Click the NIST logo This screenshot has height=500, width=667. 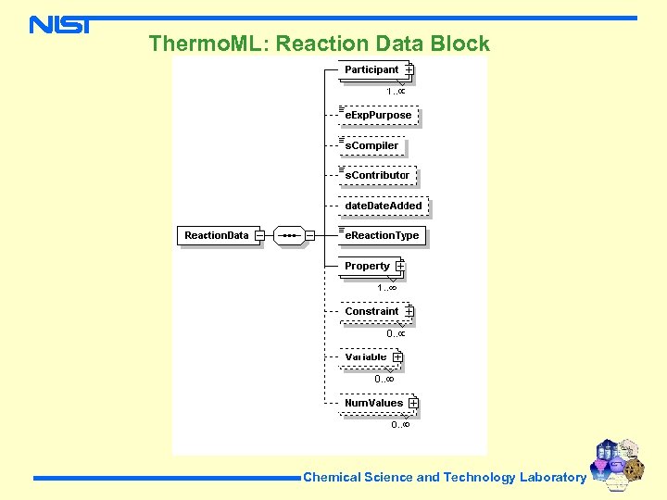59,25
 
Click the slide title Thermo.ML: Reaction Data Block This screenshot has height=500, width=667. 319,44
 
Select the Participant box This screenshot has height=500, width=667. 372,70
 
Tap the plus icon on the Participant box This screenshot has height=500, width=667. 409,70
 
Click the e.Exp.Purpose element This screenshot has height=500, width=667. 378,116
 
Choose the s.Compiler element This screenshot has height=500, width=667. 371,145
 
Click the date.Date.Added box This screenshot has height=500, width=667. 383,206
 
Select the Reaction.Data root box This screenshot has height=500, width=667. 217,235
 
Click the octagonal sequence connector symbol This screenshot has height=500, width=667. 290,235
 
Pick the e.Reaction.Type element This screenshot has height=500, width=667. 382,235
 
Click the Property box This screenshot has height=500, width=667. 368,267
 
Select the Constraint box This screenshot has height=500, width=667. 372,312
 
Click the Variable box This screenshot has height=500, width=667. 367,357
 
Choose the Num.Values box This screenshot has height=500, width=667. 374,403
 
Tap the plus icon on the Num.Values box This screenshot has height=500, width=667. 412,403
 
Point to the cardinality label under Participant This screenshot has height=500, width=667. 396,91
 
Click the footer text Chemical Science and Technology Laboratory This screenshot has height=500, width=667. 445,478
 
